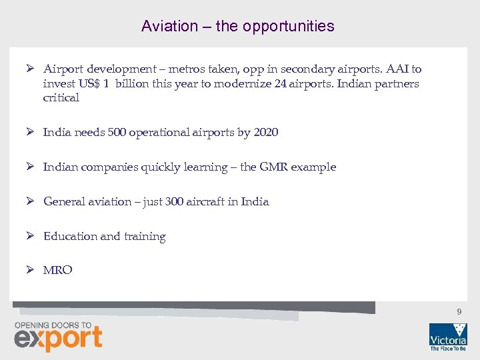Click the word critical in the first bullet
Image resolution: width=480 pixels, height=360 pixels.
click(61, 98)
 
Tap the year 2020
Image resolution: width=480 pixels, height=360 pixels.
click(265, 132)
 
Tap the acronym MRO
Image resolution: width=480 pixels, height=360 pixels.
click(58, 270)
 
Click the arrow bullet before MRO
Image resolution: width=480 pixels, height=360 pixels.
click(30, 270)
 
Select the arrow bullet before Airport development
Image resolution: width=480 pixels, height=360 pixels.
click(30, 69)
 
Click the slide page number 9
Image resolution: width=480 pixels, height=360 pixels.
click(459, 312)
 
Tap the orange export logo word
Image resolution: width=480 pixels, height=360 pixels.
click(58, 339)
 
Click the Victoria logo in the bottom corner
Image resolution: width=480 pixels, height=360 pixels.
click(447, 336)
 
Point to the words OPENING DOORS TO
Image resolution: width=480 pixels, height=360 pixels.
click(53, 325)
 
